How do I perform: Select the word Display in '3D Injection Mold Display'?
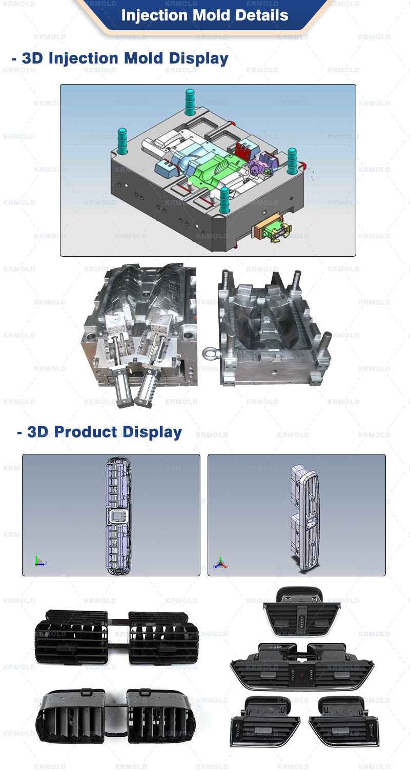199,58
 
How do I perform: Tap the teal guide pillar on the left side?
122,140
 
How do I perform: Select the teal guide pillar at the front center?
224,199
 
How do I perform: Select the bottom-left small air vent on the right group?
264,721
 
